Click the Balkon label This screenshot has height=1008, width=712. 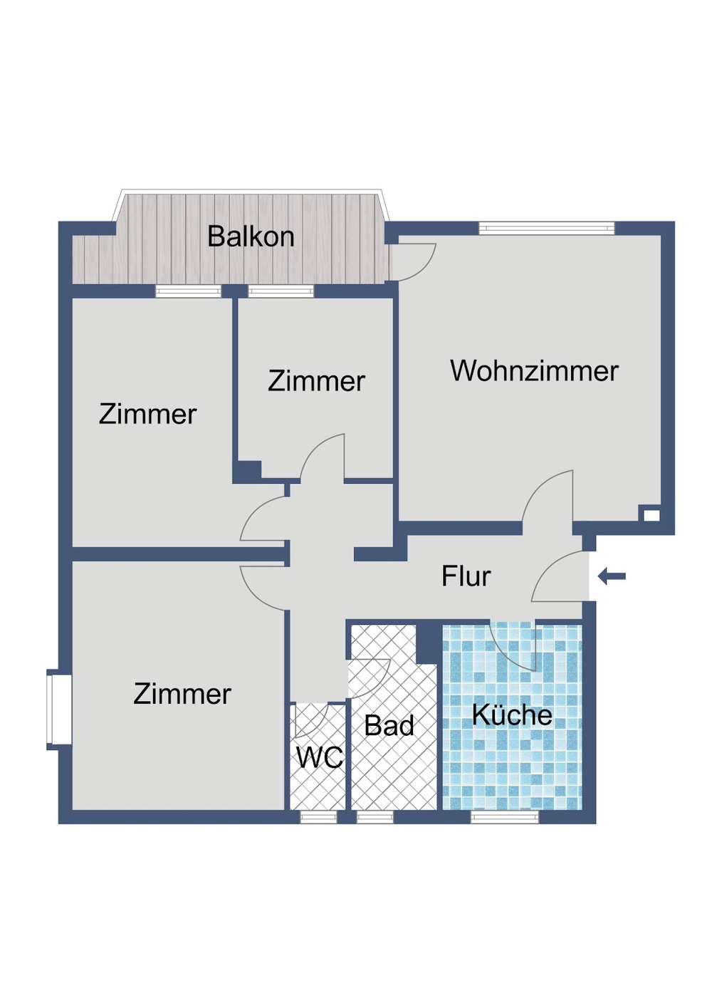tap(251, 237)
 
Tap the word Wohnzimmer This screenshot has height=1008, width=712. tap(534, 371)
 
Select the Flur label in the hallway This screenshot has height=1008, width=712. tap(466, 576)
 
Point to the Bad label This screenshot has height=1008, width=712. tap(389, 726)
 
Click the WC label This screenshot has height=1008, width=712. tap(319, 758)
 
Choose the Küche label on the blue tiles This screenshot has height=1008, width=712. tap(512, 715)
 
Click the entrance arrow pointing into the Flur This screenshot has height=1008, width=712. tap(612, 576)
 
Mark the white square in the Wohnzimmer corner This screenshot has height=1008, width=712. tap(651, 514)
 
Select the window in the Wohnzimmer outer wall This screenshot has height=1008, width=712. tap(546, 228)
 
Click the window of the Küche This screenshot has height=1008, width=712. tap(505, 817)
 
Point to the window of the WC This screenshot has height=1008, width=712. tap(318, 817)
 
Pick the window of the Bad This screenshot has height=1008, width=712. tap(375, 817)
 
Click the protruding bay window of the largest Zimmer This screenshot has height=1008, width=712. tap(58, 709)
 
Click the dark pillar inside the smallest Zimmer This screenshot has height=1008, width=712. tap(248, 471)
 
